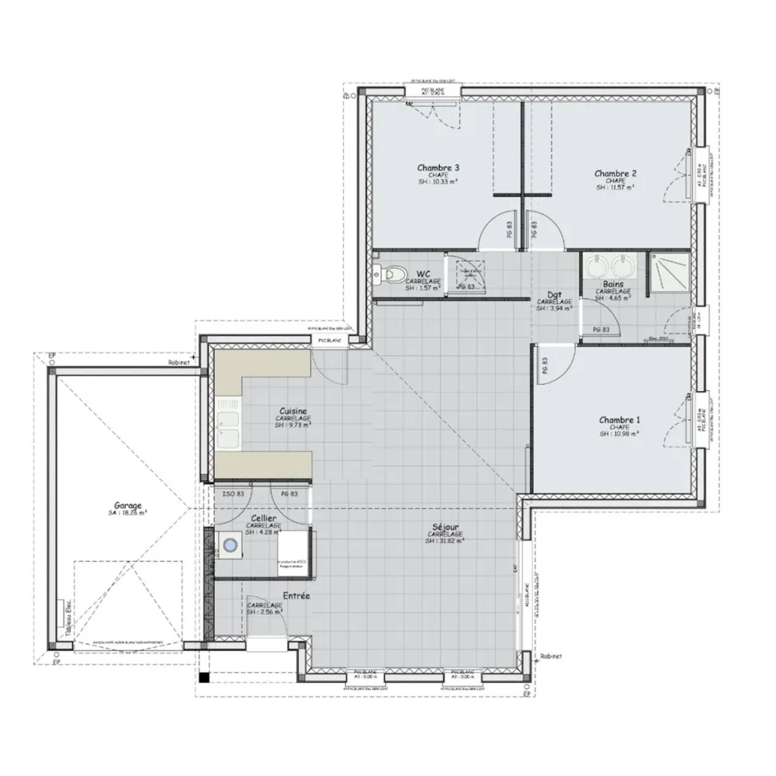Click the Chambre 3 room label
pos(438,168)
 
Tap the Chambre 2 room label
pos(616,173)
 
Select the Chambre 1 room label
pos(619,420)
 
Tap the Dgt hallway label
pos(554,294)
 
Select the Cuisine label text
pos(293,411)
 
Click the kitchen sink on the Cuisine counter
pos(229,426)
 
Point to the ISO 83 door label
pos(234,494)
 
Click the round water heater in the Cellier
pos(230,546)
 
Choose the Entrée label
pos(296,596)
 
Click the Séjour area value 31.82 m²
pos(445,542)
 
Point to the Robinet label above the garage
pos(179,362)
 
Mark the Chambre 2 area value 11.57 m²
pos(615,188)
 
